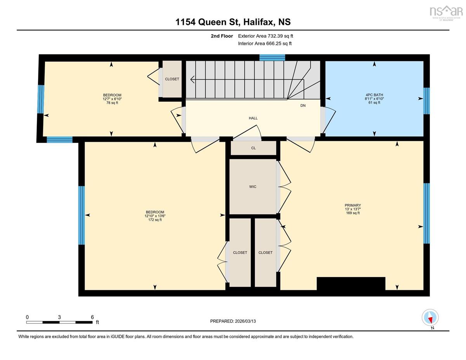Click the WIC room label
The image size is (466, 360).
(x=253, y=187)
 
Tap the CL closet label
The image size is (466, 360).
(x=253, y=148)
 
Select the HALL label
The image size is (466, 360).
(x=253, y=118)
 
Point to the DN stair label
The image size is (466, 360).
(x=303, y=106)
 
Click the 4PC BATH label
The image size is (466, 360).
(x=374, y=95)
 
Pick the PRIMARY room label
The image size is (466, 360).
(x=353, y=205)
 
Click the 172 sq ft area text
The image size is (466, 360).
(x=155, y=220)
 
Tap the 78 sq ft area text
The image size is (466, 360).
(x=112, y=103)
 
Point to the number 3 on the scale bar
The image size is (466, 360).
(x=59, y=317)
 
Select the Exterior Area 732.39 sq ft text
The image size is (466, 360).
(x=266, y=36)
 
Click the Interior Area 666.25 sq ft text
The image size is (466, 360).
(x=265, y=43)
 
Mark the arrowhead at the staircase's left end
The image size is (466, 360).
(x=192, y=80)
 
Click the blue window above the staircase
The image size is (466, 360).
(x=272, y=58)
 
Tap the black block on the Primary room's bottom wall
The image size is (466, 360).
(x=351, y=283)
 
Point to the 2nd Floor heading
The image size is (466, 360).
(x=222, y=36)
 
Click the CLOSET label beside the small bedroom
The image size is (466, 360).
(x=172, y=79)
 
